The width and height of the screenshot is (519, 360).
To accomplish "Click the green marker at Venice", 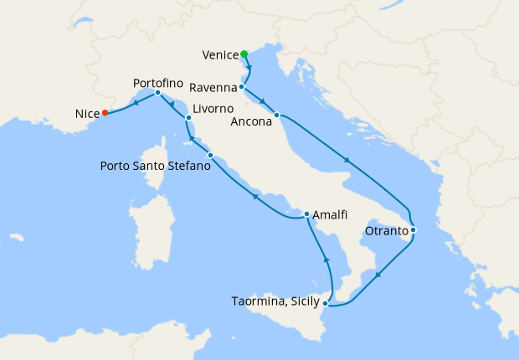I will [x=244, y=54].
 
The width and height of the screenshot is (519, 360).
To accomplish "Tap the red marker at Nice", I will [x=105, y=113].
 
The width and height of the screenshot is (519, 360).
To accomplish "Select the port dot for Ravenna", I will [x=241, y=87].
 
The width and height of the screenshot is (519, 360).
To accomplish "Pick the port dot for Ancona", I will [x=276, y=115].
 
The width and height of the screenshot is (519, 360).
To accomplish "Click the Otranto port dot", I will [x=413, y=229].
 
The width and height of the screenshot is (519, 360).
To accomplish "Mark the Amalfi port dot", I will [x=306, y=213].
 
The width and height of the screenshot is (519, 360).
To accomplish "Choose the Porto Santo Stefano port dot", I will [x=210, y=156].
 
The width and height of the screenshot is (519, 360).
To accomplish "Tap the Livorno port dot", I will [x=189, y=118].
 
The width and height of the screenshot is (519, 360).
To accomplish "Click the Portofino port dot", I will [x=157, y=93].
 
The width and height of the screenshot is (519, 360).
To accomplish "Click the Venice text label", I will [x=221, y=56].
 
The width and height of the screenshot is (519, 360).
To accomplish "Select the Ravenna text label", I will [x=213, y=88].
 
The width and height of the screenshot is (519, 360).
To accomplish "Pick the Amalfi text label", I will [x=331, y=214].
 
